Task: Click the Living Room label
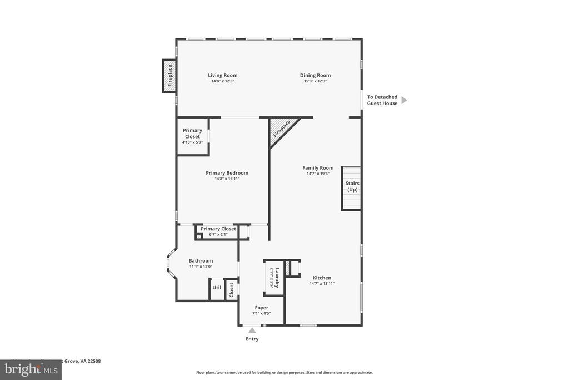coord(222,75)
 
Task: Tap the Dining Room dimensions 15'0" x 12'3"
coord(315,81)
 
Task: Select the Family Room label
coord(318,167)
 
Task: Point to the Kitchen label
coord(322,278)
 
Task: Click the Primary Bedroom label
coord(227,172)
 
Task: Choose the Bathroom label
coord(201,260)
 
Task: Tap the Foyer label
coord(261,308)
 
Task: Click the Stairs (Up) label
coord(352,186)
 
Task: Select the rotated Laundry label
coord(277,277)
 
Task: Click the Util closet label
coord(217,288)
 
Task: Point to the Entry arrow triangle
coord(252,330)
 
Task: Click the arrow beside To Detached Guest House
coord(404,100)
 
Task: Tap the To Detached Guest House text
coord(382,100)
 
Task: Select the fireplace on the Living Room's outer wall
coord(169,76)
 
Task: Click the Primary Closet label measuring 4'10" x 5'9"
coord(192,134)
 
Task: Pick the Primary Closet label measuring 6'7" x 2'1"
coord(218,229)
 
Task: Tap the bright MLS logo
coord(31,370)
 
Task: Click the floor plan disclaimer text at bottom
coord(284,372)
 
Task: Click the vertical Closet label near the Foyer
coord(232,290)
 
